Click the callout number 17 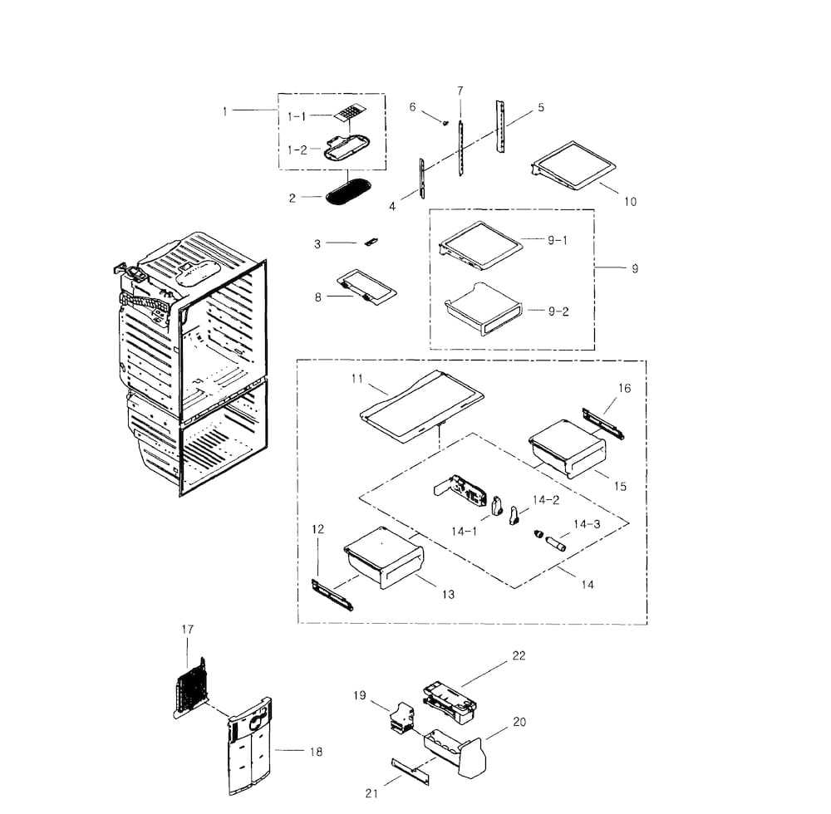(187, 630)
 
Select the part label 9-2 (558, 311)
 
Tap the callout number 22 (519, 656)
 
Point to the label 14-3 (587, 524)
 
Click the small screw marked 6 (445, 122)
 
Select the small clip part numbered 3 (371, 242)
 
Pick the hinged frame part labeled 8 (366, 286)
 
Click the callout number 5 (541, 108)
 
